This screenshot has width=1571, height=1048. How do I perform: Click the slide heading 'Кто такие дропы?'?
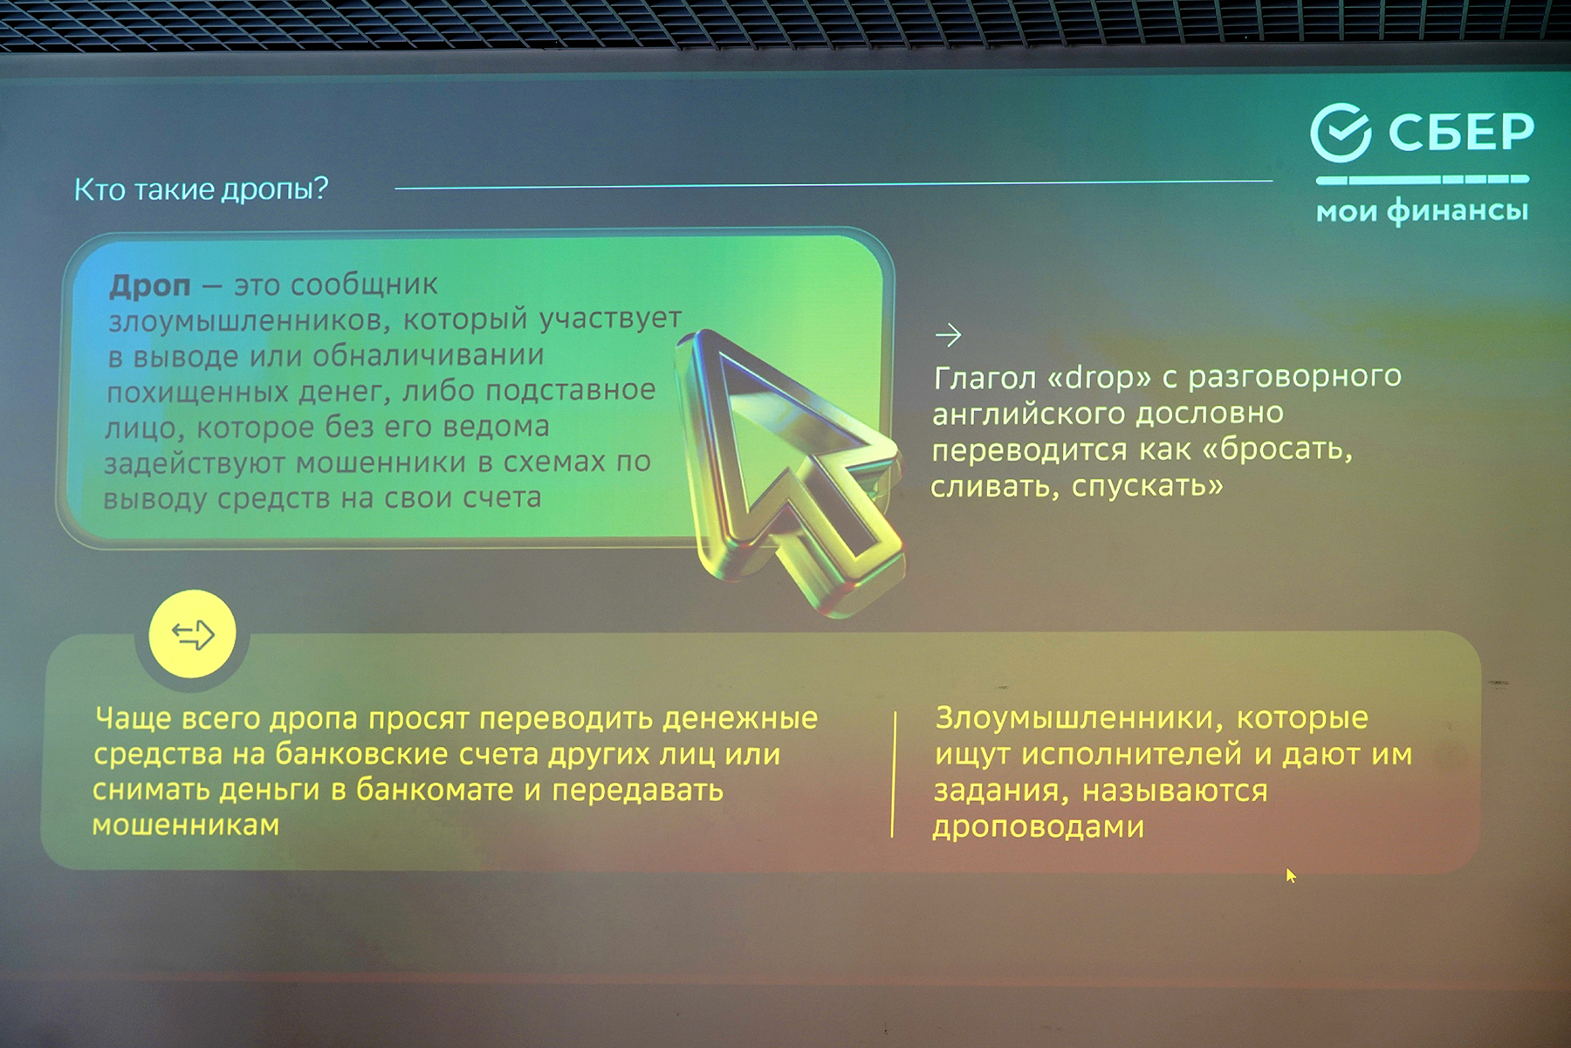(201, 189)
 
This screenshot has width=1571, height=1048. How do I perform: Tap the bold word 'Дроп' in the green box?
(150, 285)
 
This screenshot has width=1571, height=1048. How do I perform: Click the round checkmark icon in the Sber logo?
(1341, 133)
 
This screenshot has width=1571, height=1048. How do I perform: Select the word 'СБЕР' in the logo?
(1461, 133)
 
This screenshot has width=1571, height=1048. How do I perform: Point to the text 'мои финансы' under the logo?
(1423, 210)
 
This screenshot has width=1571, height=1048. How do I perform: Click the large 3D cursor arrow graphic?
(790, 471)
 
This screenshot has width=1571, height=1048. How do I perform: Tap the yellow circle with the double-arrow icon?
(192, 634)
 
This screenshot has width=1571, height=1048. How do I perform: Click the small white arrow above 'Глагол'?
(948, 334)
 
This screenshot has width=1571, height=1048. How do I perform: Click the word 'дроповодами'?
(1038, 826)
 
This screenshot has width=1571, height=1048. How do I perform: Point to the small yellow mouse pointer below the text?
(1291, 875)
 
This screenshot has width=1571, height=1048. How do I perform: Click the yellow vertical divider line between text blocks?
(894, 775)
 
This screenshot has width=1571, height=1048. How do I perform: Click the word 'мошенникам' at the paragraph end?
(186, 825)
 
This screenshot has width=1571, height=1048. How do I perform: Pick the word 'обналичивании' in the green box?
(428, 356)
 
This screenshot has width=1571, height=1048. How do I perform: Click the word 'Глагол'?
(985, 379)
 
